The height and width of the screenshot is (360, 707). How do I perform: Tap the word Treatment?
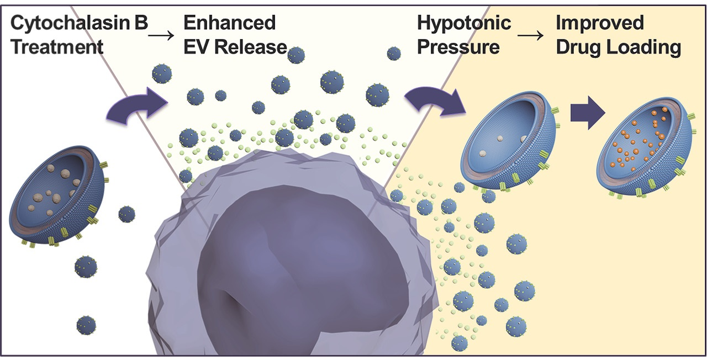(57, 46)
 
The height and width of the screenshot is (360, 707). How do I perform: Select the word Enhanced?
(229, 24)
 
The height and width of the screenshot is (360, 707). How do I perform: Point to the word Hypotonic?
(464, 24)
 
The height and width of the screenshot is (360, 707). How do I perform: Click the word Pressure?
(458, 46)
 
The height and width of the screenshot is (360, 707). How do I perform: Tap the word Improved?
(599, 24)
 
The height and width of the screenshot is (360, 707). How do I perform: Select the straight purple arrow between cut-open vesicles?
(587, 116)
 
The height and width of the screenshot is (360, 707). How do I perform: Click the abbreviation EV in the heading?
(197, 46)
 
